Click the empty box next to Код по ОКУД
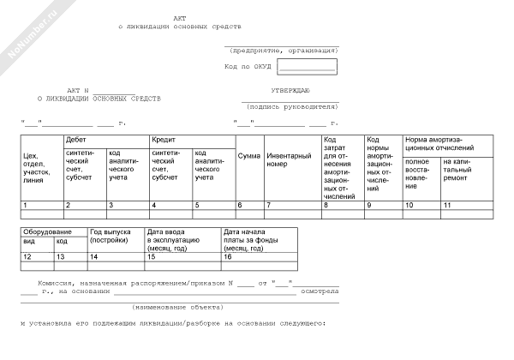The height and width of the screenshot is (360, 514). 306,66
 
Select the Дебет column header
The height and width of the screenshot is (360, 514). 76,139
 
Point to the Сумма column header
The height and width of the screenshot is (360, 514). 248,156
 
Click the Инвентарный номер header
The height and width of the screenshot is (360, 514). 289,159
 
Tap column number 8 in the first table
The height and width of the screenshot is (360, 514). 326,206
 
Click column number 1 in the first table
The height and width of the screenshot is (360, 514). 26,206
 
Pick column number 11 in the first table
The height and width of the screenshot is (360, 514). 447,206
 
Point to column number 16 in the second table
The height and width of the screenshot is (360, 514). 228,256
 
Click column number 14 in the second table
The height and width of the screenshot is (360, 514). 94,256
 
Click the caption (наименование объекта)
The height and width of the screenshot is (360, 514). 170,306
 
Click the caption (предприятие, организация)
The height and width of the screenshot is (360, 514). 284,50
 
